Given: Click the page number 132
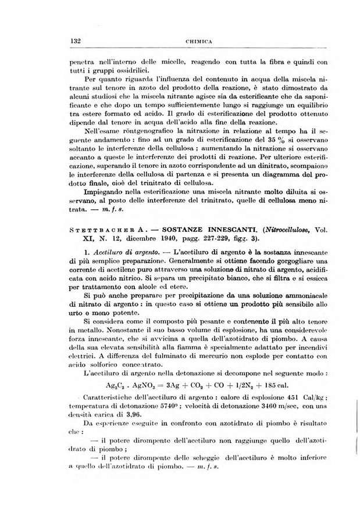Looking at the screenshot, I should [x=74, y=41].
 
